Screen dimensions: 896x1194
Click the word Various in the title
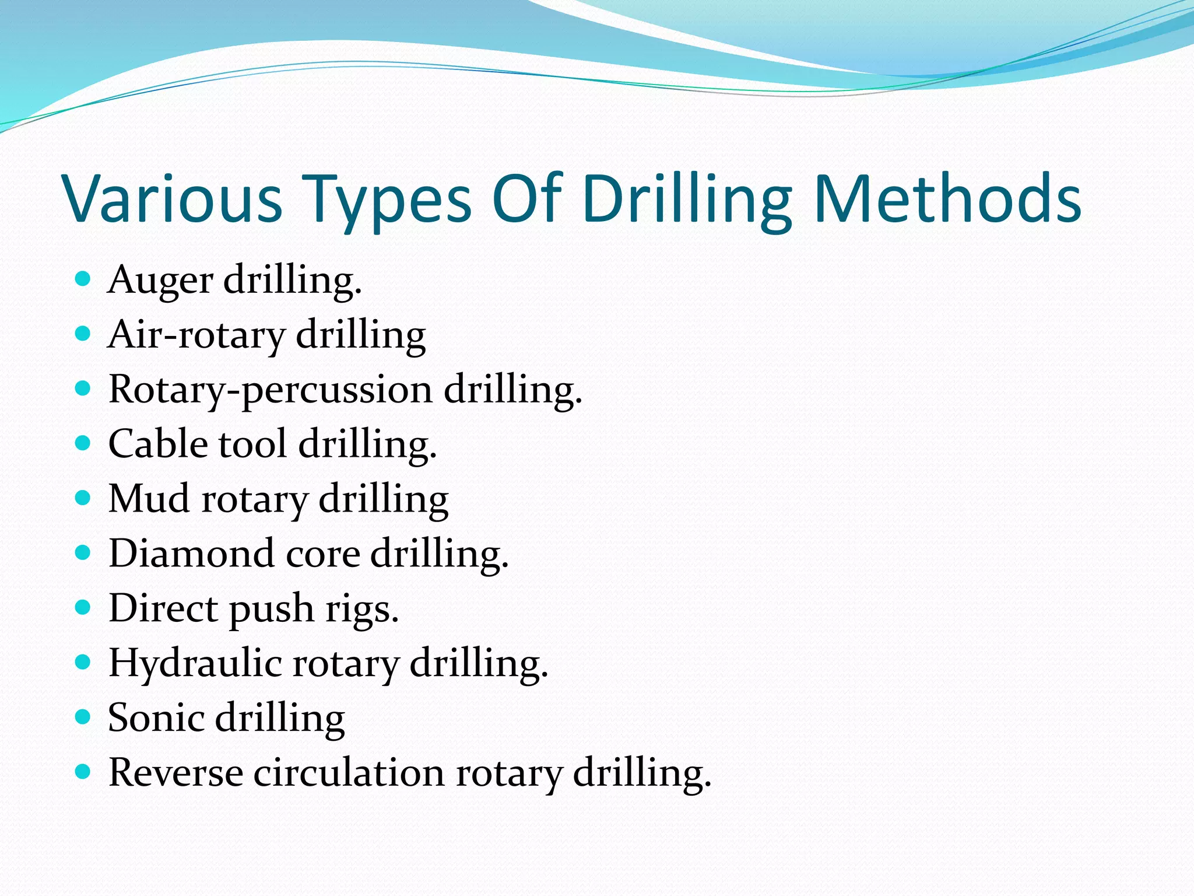(x=173, y=198)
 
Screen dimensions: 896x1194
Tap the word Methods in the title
(x=947, y=198)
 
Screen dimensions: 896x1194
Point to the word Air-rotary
(x=196, y=335)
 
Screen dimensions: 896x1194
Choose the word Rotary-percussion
(x=270, y=390)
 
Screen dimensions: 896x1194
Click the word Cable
(x=157, y=444)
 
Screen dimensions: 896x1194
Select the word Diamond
(x=191, y=554)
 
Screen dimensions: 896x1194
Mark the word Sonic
(x=156, y=718)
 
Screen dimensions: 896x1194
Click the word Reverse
(x=175, y=773)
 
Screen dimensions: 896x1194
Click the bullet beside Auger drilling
(x=83, y=279)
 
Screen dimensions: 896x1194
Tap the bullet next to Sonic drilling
(x=83, y=716)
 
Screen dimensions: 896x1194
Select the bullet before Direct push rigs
(x=83, y=607)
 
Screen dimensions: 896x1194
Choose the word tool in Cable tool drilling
(x=253, y=444)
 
